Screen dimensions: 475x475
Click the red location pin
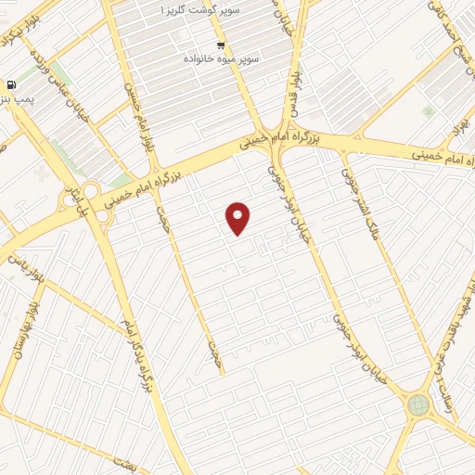click(x=238, y=218)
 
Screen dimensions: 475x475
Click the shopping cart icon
click(x=221, y=44)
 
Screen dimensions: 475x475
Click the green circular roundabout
click(x=418, y=405)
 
